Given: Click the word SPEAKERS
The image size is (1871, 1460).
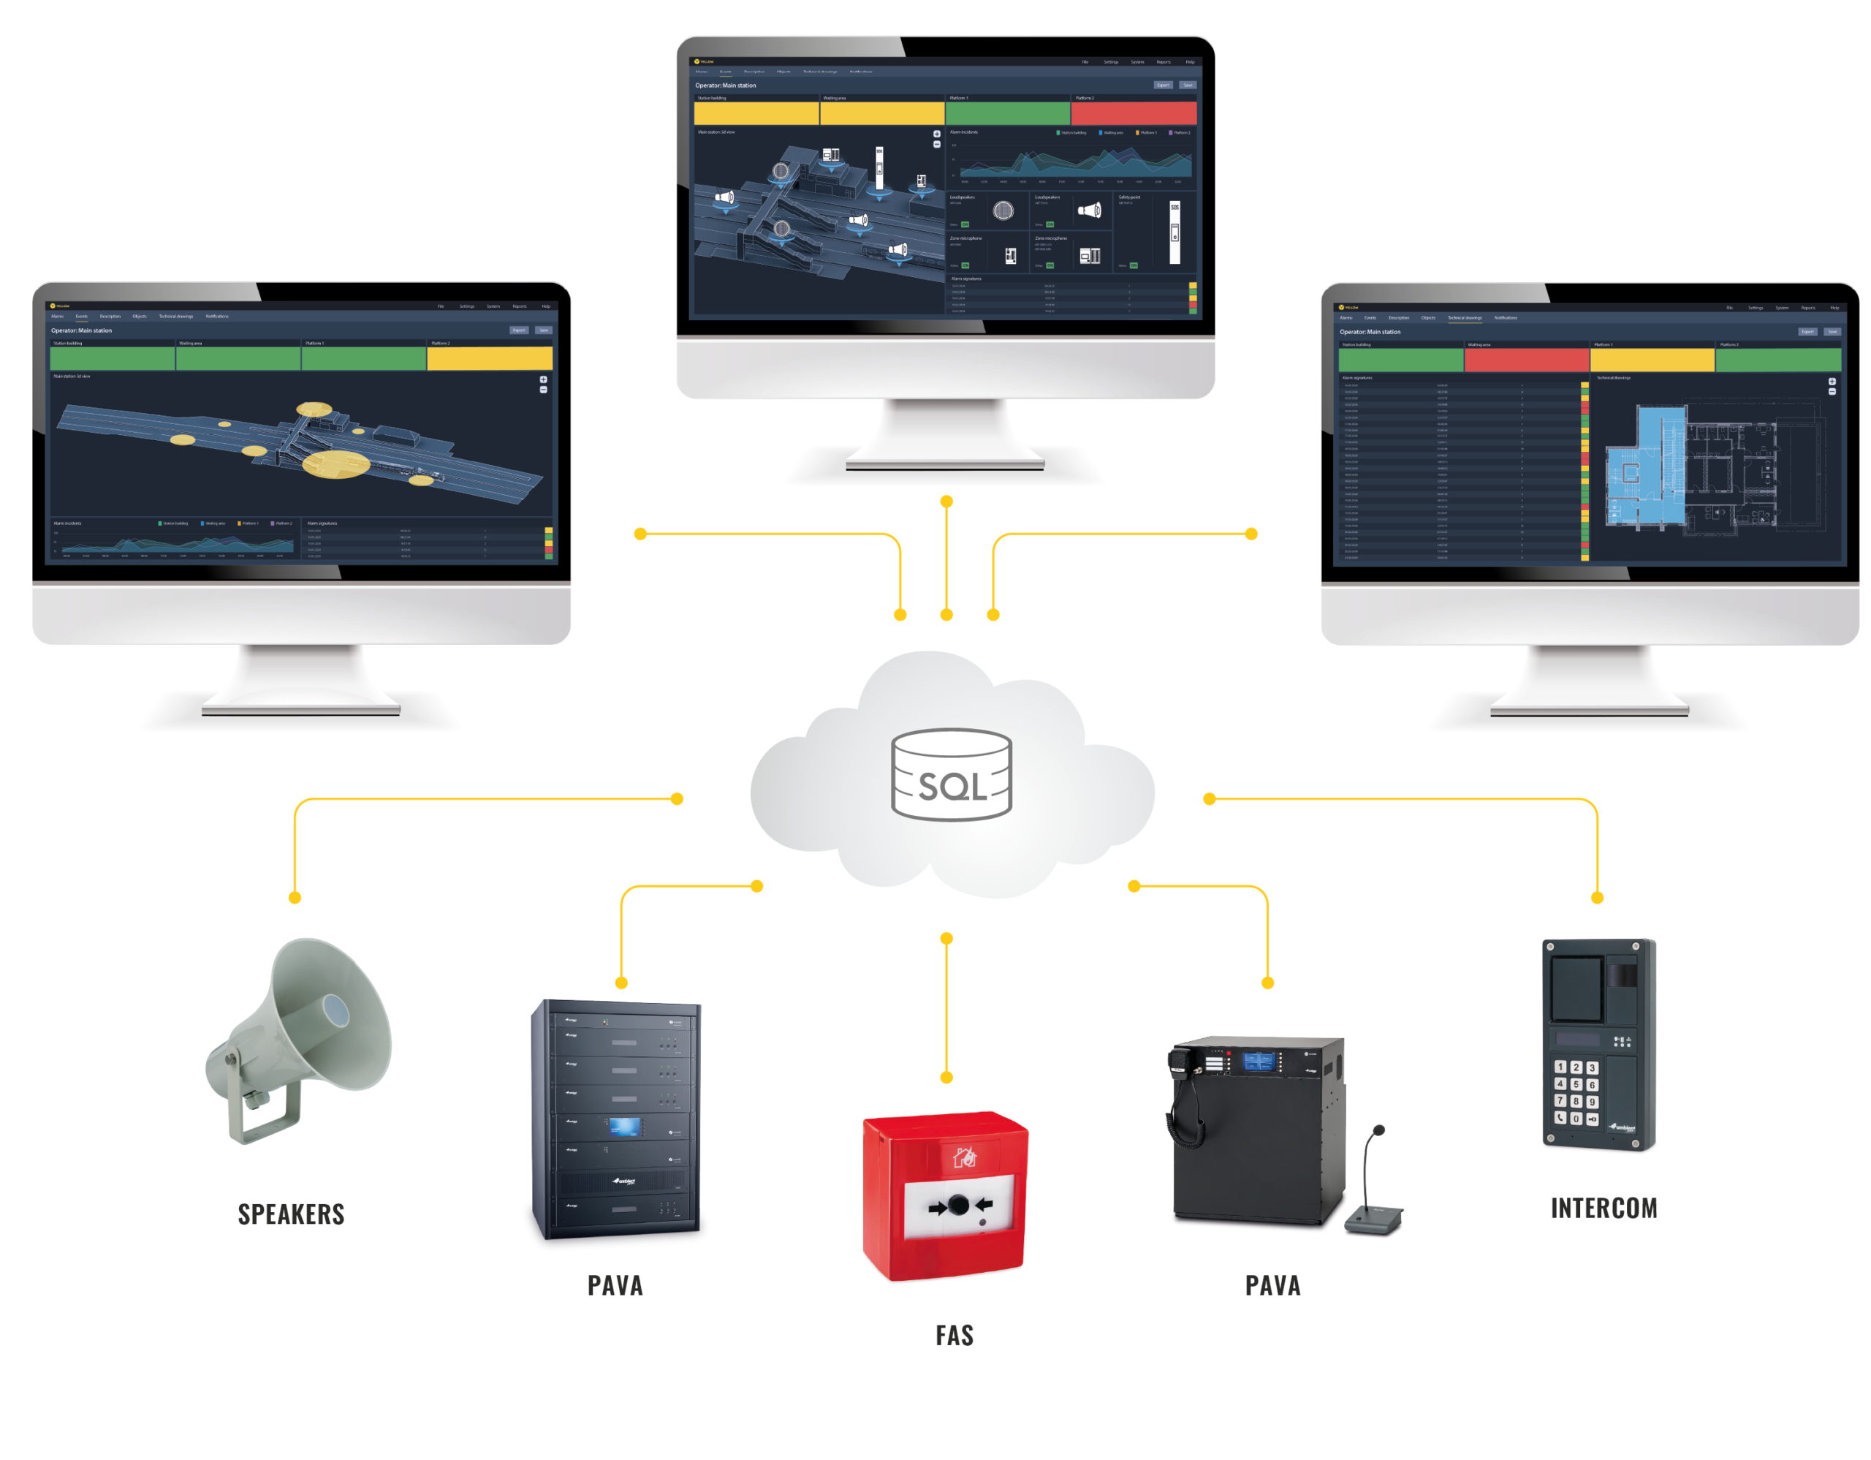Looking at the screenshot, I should point(292,1214).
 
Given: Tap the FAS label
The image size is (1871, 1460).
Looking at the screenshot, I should point(955,1335).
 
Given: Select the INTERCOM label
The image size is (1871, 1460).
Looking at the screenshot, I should point(1604,1208).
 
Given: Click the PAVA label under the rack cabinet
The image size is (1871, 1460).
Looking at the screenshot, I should point(615,1285).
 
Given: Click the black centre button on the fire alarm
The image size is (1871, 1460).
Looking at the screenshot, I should point(959,1206).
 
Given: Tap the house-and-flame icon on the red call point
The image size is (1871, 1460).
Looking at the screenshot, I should point(965,1157).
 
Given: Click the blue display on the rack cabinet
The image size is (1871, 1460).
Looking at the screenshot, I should point(625,1126).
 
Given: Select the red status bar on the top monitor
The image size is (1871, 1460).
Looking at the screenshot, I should point(1134,113).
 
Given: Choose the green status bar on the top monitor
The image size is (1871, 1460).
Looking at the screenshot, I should point(1007,113).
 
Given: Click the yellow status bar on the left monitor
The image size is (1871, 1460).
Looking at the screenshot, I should point(489,358).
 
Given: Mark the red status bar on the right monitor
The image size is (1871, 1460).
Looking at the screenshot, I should point(1526,360).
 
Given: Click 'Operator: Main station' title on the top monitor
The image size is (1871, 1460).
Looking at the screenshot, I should point(726,86).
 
